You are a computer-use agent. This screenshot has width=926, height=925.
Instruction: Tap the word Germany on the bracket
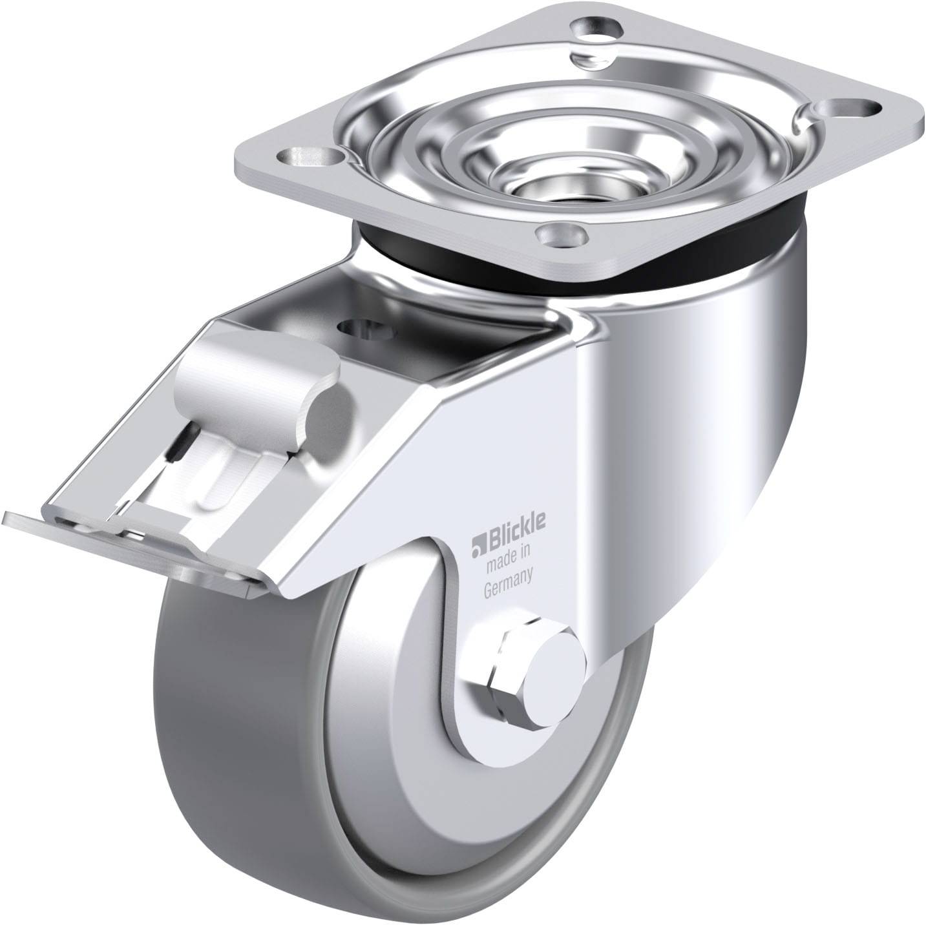coord(508,574)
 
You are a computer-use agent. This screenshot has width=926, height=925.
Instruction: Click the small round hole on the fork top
coord(366,329)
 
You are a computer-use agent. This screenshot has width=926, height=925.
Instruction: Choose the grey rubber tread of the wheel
coord(213,743)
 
